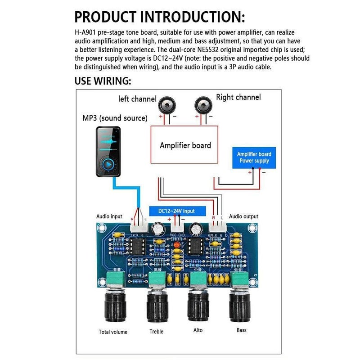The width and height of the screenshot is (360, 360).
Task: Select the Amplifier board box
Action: [185, 145]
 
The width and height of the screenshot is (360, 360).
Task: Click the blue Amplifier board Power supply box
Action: [254, 157]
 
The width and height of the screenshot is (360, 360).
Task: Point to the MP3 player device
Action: [108, 151]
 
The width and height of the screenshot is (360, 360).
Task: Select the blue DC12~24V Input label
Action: [177, 211]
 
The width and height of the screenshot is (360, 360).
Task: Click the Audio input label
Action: [109, 216]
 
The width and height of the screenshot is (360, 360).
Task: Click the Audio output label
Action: [243, 216]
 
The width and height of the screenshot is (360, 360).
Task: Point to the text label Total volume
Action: [113, 332]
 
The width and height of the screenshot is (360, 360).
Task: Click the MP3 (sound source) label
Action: [115, 118]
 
